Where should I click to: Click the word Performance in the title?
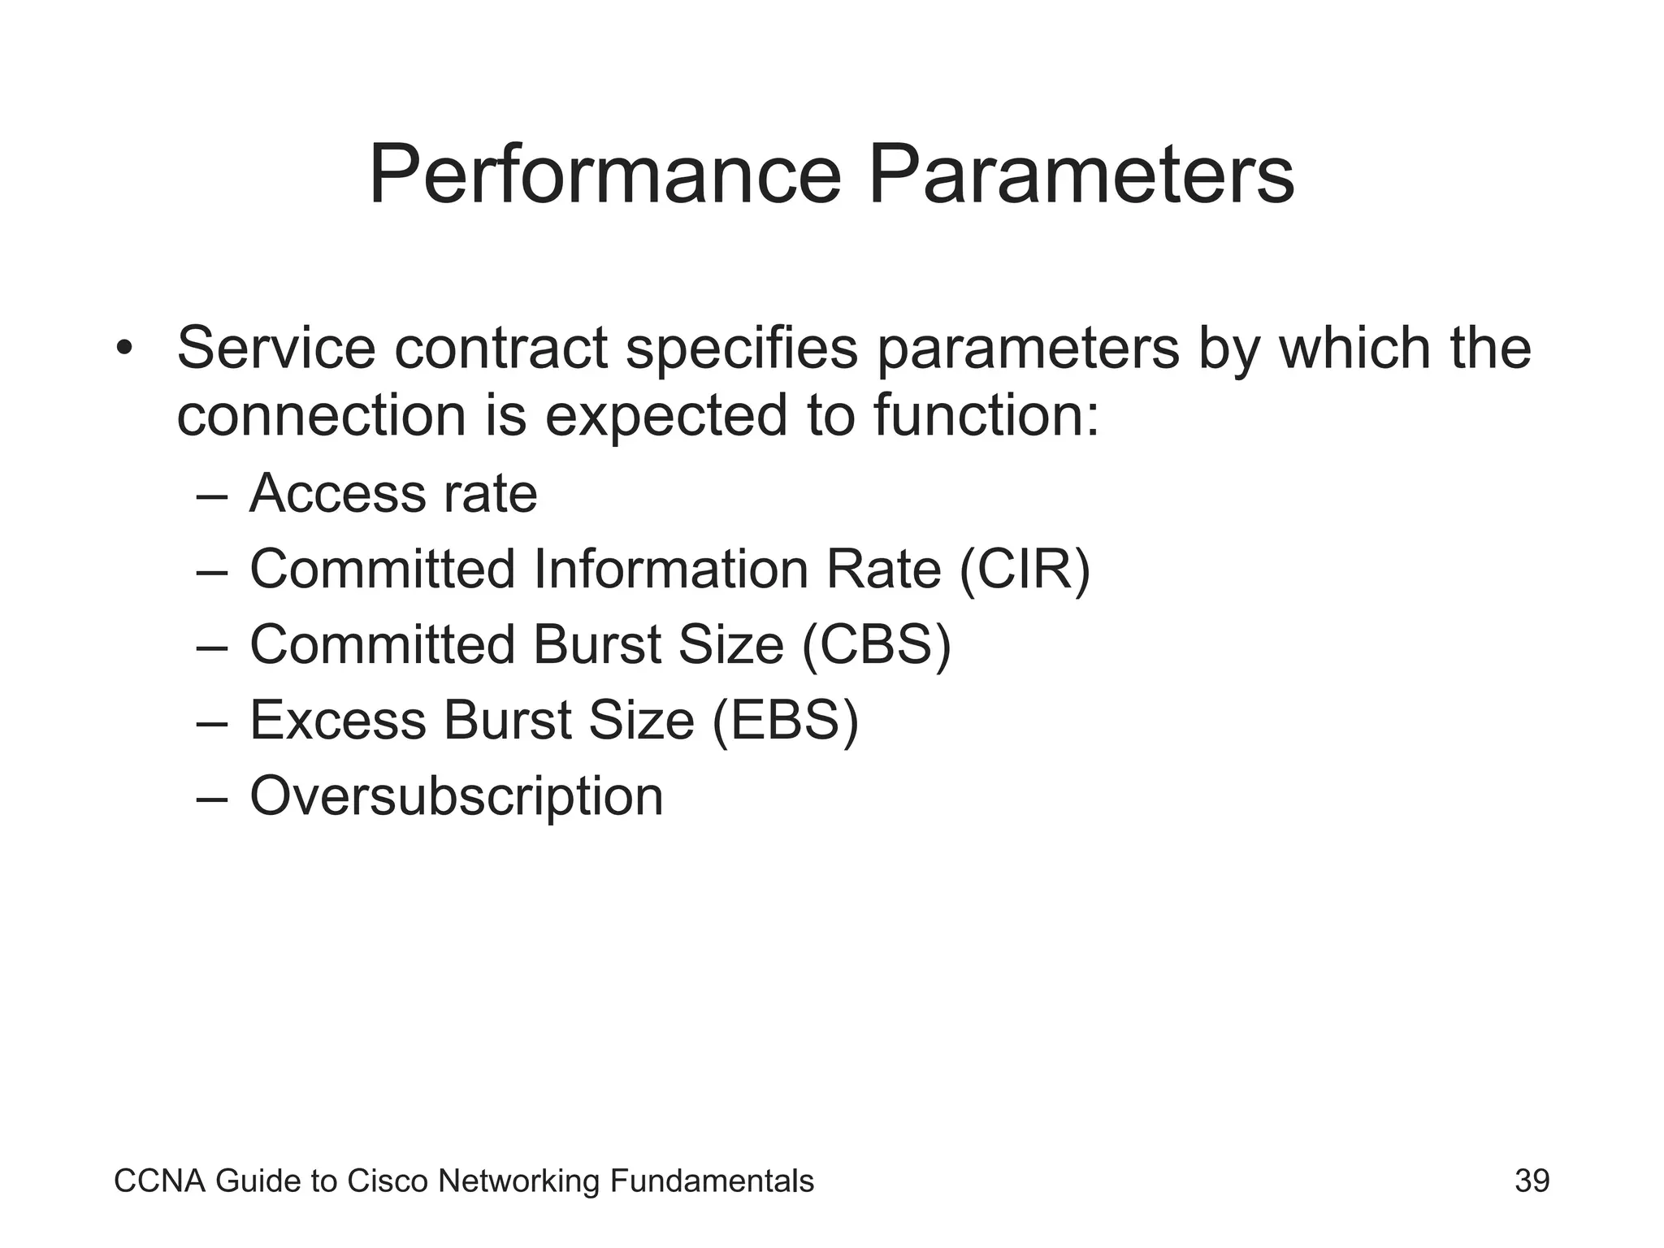(x=605, y=175)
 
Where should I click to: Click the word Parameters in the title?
(x=1081, y=175)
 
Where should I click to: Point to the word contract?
(x=501, y=348)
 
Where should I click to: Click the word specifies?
(x=742, y=348)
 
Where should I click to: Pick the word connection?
(x=322, y=414)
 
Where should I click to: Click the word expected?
(x=666, y=414)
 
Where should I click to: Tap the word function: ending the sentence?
(x=986, y=414)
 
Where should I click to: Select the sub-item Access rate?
(x=393, y=493)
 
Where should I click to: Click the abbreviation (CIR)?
(x=1025, y=569)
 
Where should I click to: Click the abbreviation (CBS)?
(x=876, y=644)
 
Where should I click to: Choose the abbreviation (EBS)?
(x=785, y=720)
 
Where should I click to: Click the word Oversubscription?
(x=457, y=795)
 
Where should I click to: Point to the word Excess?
(x=337, y=720)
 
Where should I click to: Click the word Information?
(x=671, y=569)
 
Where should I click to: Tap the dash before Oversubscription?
(x=212, y=797)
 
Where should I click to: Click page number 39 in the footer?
(x=1532, y=1181)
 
